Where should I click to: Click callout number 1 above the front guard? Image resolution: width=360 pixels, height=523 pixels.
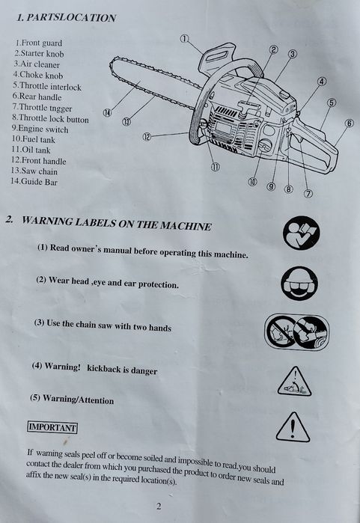click(x=185, y=39)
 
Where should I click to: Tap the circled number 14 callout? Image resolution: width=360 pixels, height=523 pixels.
click(x=107, y=113)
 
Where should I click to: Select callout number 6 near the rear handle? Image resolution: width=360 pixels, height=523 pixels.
click(x=349, y=123)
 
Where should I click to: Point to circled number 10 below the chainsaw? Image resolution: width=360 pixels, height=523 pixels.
click(x=252, y=182)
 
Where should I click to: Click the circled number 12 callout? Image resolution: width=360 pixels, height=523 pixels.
click(x=147, y=136)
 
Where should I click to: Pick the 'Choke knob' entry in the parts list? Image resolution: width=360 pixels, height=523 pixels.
click(x=38, y=75)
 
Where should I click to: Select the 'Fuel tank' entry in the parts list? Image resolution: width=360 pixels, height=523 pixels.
click(x=34, y=139)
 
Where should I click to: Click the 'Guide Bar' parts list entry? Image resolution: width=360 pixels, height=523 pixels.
click(x=34, y=182)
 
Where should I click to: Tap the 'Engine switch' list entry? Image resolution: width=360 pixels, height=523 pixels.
click(x=40, y=129)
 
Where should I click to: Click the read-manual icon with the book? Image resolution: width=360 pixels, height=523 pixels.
click(x=302, y=233)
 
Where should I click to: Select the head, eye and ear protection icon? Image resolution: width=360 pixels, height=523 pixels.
click(x=299, y=283)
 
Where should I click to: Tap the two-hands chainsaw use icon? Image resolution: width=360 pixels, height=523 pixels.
click(x=296, y=331)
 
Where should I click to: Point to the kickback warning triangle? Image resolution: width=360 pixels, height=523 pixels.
click(x=294, y=382)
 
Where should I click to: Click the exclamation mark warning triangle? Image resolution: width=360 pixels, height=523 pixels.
click(x=293, y=427)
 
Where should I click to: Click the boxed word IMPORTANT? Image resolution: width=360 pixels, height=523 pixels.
click(x=52, y=427)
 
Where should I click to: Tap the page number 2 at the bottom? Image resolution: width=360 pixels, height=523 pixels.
click(x=159, y=507)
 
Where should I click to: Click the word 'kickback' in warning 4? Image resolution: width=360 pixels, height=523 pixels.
click(x=104, y=368)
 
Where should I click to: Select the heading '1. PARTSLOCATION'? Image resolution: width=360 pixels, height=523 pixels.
click(x=66, y=18)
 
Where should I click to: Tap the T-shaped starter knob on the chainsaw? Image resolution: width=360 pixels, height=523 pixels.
click(x=248, y=108)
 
